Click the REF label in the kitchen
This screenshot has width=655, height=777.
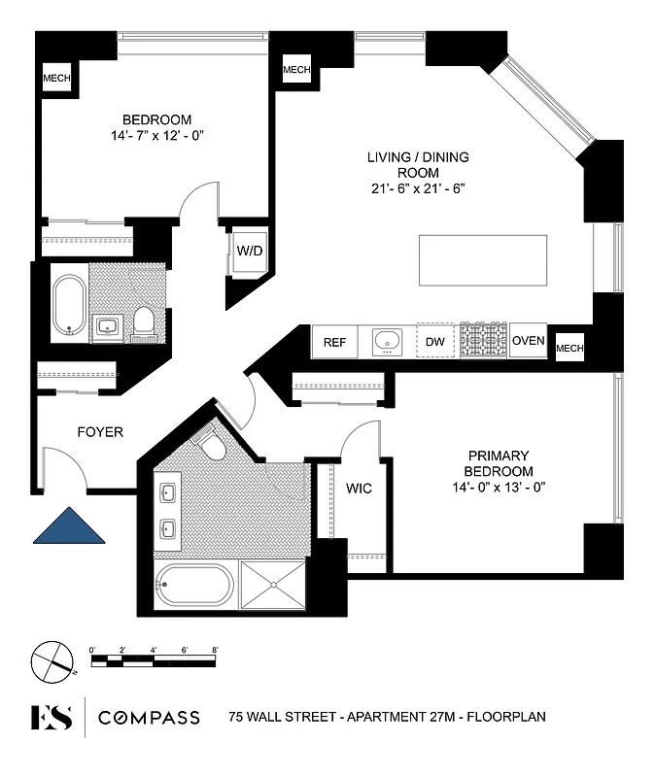tap(334, 342)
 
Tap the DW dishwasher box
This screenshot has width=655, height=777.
tap(434, 342)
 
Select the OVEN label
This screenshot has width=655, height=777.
tap(528, 341)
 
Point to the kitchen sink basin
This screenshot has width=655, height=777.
tap(387, 341)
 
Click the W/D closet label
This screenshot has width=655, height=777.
tap(250, 251)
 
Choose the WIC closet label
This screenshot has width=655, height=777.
tap(360, 488)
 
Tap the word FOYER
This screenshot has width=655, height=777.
tap(99, 431)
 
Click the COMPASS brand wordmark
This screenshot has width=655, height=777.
tap(149, 718)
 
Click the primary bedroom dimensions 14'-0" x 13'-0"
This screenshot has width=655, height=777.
tap(499, 487)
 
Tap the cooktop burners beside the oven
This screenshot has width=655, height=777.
tap(484, 342)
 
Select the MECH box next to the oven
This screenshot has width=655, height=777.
tap(569, 347)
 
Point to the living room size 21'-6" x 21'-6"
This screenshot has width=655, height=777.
tap(419, 187)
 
